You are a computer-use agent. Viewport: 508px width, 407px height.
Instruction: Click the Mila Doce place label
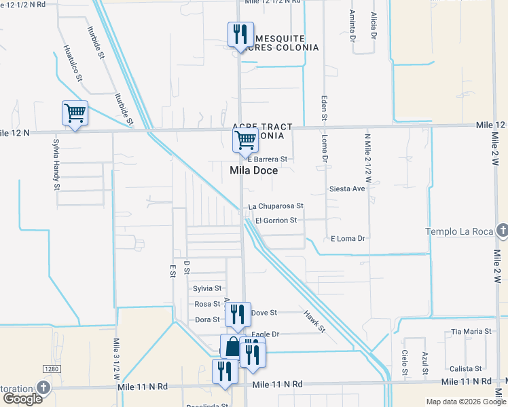tap(254, 171)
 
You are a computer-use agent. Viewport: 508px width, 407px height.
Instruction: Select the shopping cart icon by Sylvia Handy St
tap(75, 113)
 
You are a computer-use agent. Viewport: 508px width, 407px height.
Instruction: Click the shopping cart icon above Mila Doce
tap(244, 141)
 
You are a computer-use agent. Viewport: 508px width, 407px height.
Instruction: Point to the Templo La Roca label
tap(459, 232)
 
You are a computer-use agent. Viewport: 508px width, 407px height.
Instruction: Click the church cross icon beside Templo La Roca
tap(501, 231)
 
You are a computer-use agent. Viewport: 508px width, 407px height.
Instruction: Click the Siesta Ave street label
tap(347, 189)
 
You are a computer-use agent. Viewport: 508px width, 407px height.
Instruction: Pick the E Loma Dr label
tap(348, 239)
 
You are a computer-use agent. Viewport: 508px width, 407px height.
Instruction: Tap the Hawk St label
tap(315, 321)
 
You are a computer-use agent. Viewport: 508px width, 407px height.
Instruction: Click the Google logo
tap(22, 398)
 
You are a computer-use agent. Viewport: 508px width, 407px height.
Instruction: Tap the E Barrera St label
tap(268, 159)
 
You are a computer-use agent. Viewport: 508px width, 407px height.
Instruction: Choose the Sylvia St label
tap(208, 288)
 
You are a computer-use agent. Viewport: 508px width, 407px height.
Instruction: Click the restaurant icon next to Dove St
tap(237, 313)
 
